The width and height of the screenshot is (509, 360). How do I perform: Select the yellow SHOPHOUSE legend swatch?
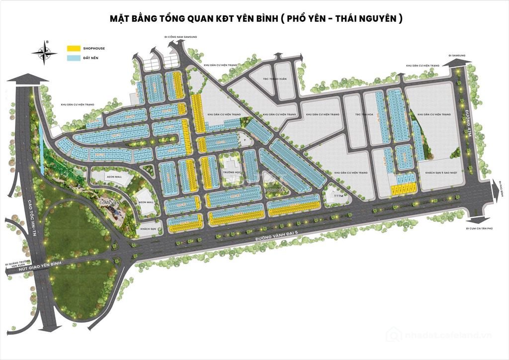[x=74, y=48]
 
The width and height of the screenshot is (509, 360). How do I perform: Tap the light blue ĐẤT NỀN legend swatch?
[x=74, y=58]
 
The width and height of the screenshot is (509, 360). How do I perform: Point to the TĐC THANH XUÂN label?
[x=272, y=78]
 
